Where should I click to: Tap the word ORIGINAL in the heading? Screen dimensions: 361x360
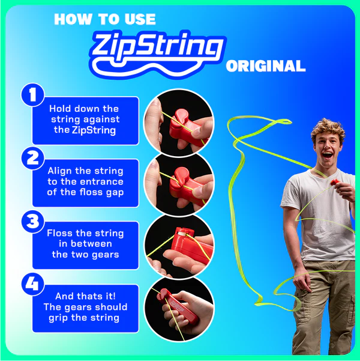(265, 66)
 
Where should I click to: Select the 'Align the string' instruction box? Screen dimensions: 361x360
(85, 182)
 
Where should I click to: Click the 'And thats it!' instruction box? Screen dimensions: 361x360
(85, 307)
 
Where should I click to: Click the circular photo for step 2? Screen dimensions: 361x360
(179, 182)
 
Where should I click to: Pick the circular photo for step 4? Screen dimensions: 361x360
(179, 306)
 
